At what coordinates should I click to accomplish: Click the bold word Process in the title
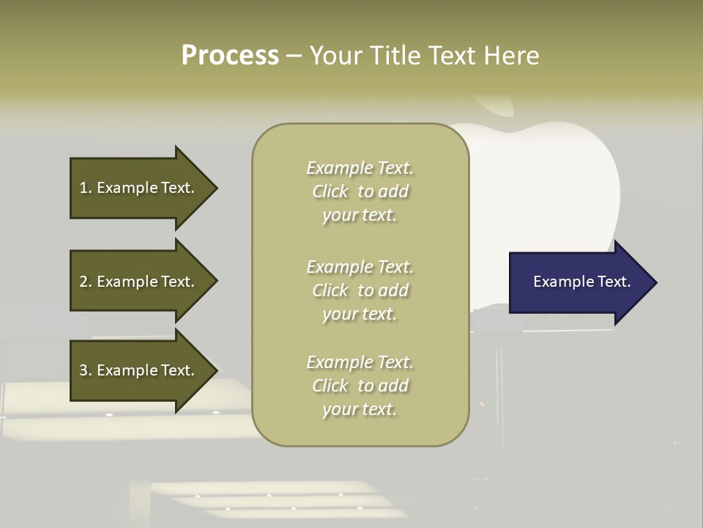point(230,56)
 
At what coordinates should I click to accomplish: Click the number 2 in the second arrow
point(83,282)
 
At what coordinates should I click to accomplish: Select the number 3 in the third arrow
point(83,370)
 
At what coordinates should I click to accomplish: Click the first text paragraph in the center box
point(360,191)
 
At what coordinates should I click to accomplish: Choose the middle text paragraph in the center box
point(360,290)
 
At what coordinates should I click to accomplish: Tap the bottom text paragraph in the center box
point(360,386)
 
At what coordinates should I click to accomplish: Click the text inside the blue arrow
point(581,282)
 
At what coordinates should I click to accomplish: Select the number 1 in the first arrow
point(83,188)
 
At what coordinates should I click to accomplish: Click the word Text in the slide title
point(451,56)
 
